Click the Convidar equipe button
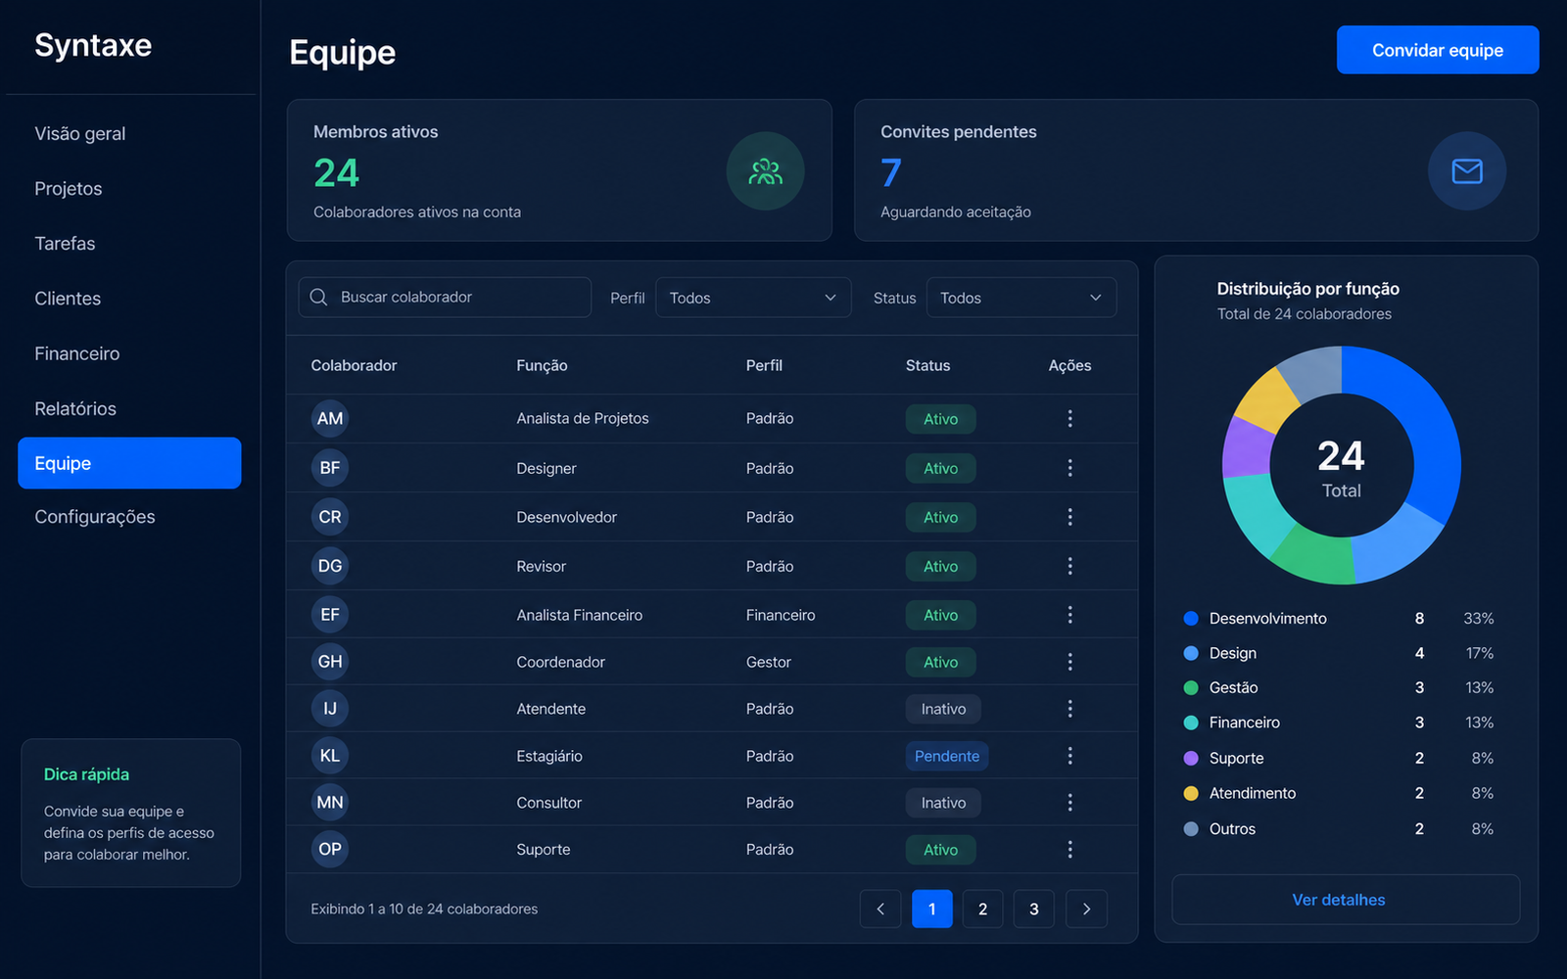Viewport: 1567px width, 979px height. pos(1437,50)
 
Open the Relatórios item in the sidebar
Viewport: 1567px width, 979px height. pos(75,408)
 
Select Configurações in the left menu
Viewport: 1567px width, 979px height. pos(94,517)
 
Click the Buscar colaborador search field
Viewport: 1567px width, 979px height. pos(445,298)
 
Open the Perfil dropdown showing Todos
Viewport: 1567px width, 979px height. pos(753,298)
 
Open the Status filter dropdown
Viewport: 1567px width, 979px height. pos(1021,298)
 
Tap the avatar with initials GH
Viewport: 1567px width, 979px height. pos(329,662)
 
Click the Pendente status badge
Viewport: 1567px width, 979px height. pos(946,756)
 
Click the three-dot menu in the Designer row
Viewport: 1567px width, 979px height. pos(1069,468)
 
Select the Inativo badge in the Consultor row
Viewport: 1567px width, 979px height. pos(943,803)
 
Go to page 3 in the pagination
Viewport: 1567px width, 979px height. pos(1033,909)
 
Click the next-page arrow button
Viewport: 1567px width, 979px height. pos(1086,909)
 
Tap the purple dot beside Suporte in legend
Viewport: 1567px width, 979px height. pos(1191,758)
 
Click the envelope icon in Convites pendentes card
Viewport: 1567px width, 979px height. pos(1466,171)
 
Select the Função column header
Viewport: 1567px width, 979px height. pos(542,366)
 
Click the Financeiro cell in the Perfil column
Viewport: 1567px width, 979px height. pos(780,616)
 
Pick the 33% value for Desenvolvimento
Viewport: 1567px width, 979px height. pos(1478,619)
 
